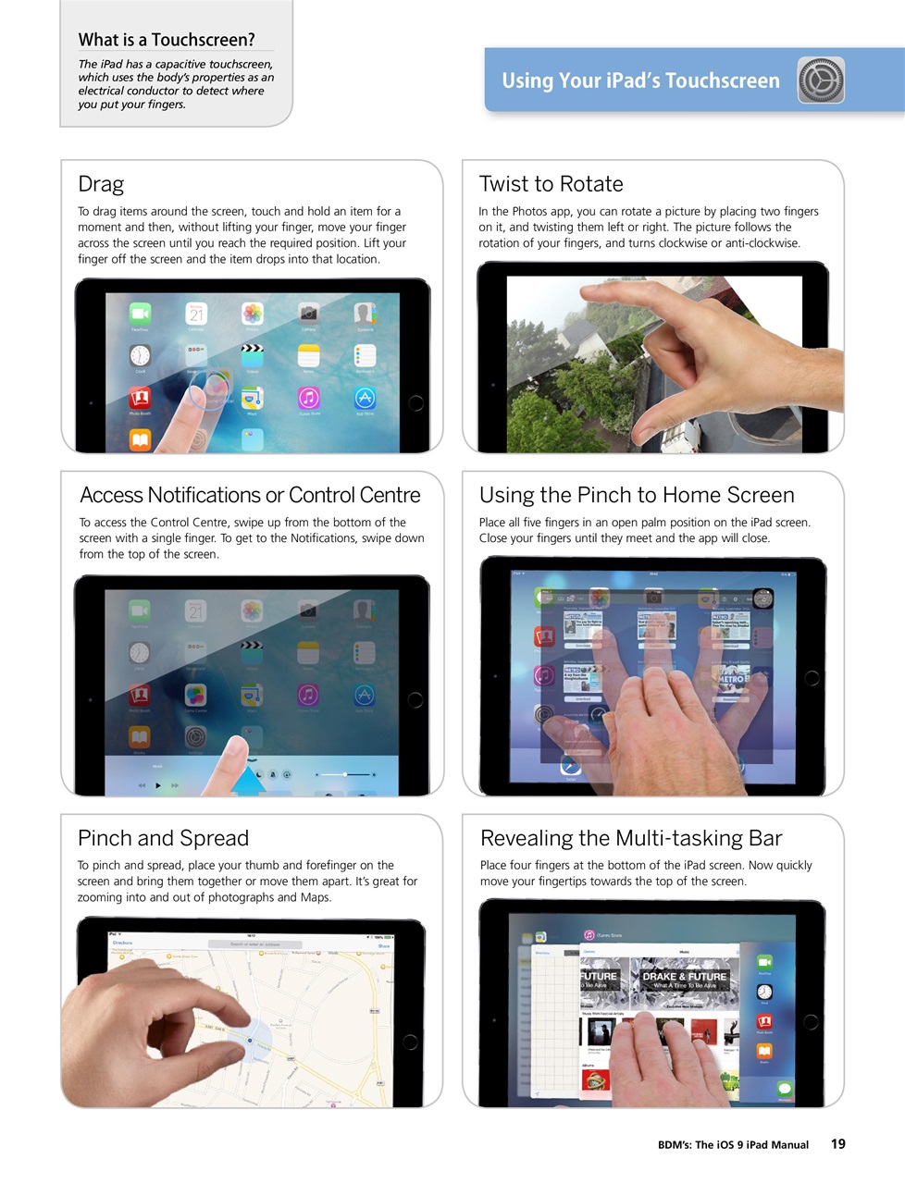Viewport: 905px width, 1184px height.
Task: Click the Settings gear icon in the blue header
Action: click(821, 80)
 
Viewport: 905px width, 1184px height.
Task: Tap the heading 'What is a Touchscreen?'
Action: click(167, 40)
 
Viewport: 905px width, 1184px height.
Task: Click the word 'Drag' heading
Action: click(101, 184)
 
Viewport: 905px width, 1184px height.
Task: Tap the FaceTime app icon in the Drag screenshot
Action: click(140, 314)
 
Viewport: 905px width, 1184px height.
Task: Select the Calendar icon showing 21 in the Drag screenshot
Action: click(196, 314)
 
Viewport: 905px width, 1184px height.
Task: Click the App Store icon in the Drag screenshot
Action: click(365, 398)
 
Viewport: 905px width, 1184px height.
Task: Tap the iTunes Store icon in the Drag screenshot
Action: click(308, 398)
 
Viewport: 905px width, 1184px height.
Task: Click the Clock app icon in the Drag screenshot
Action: click(140, 356)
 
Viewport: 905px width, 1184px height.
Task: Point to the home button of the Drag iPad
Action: click(415, 403)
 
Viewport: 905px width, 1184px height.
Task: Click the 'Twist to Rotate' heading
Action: click(551, 184)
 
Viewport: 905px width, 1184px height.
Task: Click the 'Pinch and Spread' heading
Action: click(163, 838)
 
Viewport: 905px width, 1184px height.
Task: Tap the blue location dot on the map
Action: click(250, 1041)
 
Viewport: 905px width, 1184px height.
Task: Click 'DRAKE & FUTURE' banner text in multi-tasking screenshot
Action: click(684, 977)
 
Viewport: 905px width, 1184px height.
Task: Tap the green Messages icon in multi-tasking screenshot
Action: click(785, 1089)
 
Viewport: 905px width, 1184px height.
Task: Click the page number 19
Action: click(837, 1144)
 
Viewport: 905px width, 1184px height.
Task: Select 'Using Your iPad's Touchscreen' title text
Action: click(640, 80)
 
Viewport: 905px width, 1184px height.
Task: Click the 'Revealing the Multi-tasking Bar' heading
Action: click(631, 838)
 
